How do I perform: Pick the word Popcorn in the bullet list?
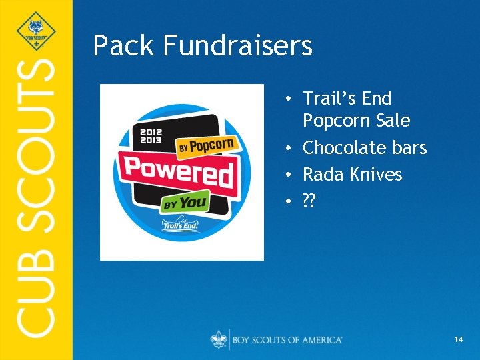pyautogui.click(x=338, y=121)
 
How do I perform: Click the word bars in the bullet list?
pyautogui.click(x=409, y=147)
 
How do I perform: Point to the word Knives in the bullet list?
pyautogui.click(x=375, y=174)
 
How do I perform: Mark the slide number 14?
pyautogui.click(x=458, y=340)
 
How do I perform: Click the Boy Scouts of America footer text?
pyautogui.click(x=287, y=340)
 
